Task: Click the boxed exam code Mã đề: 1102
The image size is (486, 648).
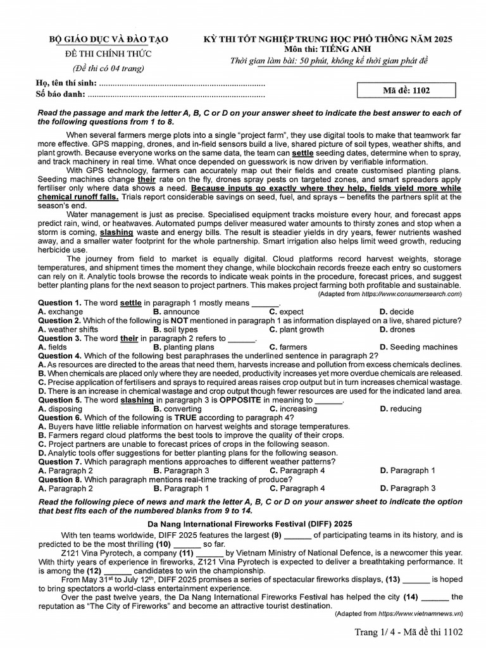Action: [x=406, y=90]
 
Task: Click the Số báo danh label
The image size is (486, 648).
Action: [x=61, y=95]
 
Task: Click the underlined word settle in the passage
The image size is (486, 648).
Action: [x=303, y=153]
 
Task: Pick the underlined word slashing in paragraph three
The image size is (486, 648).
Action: [x=116, y=232]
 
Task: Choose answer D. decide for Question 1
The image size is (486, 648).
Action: [x=397, y=312]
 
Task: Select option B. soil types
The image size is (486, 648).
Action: [x=175, y=330]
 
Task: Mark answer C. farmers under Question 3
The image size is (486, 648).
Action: [x=288, y=347]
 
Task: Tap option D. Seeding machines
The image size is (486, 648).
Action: [x=418, y=347]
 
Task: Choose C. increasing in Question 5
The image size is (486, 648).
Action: [x=293, y=409]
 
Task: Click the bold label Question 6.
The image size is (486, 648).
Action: [x=59, y=418]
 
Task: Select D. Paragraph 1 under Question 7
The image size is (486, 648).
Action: [x=408, y=471]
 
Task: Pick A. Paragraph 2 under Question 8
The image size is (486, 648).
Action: [x=66, y=489]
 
